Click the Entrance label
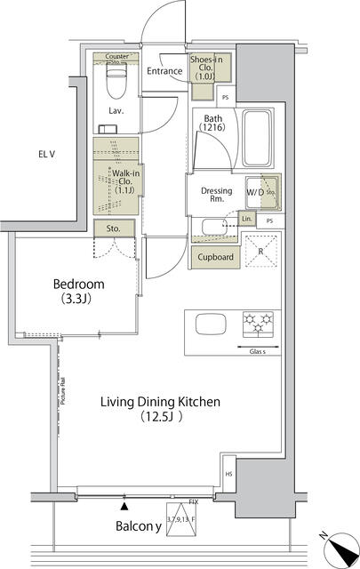coord(164,71)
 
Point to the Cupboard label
coord(214,258)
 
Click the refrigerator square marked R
coord(260,252)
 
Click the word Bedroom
coord(78,284)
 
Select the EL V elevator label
coord(47,155)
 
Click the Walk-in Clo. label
coord(116,180)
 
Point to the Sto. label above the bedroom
coord(115,229)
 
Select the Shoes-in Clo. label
coord(209,68)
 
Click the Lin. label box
coord(246,219)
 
